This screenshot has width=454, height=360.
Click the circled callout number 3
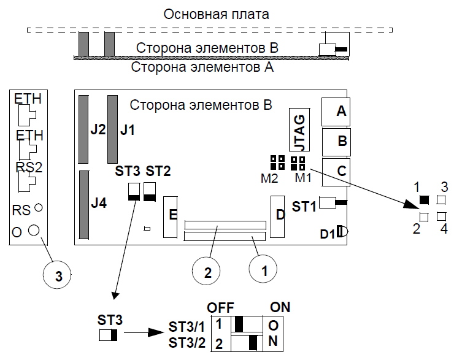tap(58, 276)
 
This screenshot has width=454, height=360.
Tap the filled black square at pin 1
tap(423, 199)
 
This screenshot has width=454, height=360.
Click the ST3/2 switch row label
tap(185, 343)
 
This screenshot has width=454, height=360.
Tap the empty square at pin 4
tap(441, 216)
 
